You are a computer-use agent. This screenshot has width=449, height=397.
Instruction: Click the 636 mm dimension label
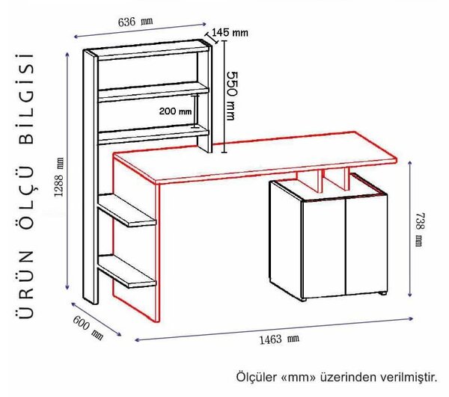tap(135, 22)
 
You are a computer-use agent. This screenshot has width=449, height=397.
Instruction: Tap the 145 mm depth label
tap(230, 33)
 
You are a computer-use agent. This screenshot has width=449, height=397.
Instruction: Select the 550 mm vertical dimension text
tap(232, 96)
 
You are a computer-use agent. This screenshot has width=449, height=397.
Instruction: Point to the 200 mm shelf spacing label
tap(175, 111)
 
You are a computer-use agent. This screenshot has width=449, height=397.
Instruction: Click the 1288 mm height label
tap(59, 177)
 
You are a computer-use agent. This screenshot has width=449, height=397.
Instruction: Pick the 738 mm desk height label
tap(419, 229)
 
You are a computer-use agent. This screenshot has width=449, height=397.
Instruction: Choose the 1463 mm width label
tap(279, 339)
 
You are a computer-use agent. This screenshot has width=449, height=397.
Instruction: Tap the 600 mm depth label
tap(88, 327)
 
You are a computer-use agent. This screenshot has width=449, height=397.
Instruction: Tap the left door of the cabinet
tap(323, 249)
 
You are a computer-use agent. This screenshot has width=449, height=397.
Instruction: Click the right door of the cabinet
tap(367, 244)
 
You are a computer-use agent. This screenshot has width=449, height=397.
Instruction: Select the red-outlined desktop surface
tap(255, 157)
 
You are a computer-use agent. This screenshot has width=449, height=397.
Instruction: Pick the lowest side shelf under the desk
tap(127, 271)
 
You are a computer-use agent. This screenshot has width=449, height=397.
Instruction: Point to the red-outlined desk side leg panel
tap(136, 240)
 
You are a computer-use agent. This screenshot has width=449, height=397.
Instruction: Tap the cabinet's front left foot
tap(304, 300)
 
